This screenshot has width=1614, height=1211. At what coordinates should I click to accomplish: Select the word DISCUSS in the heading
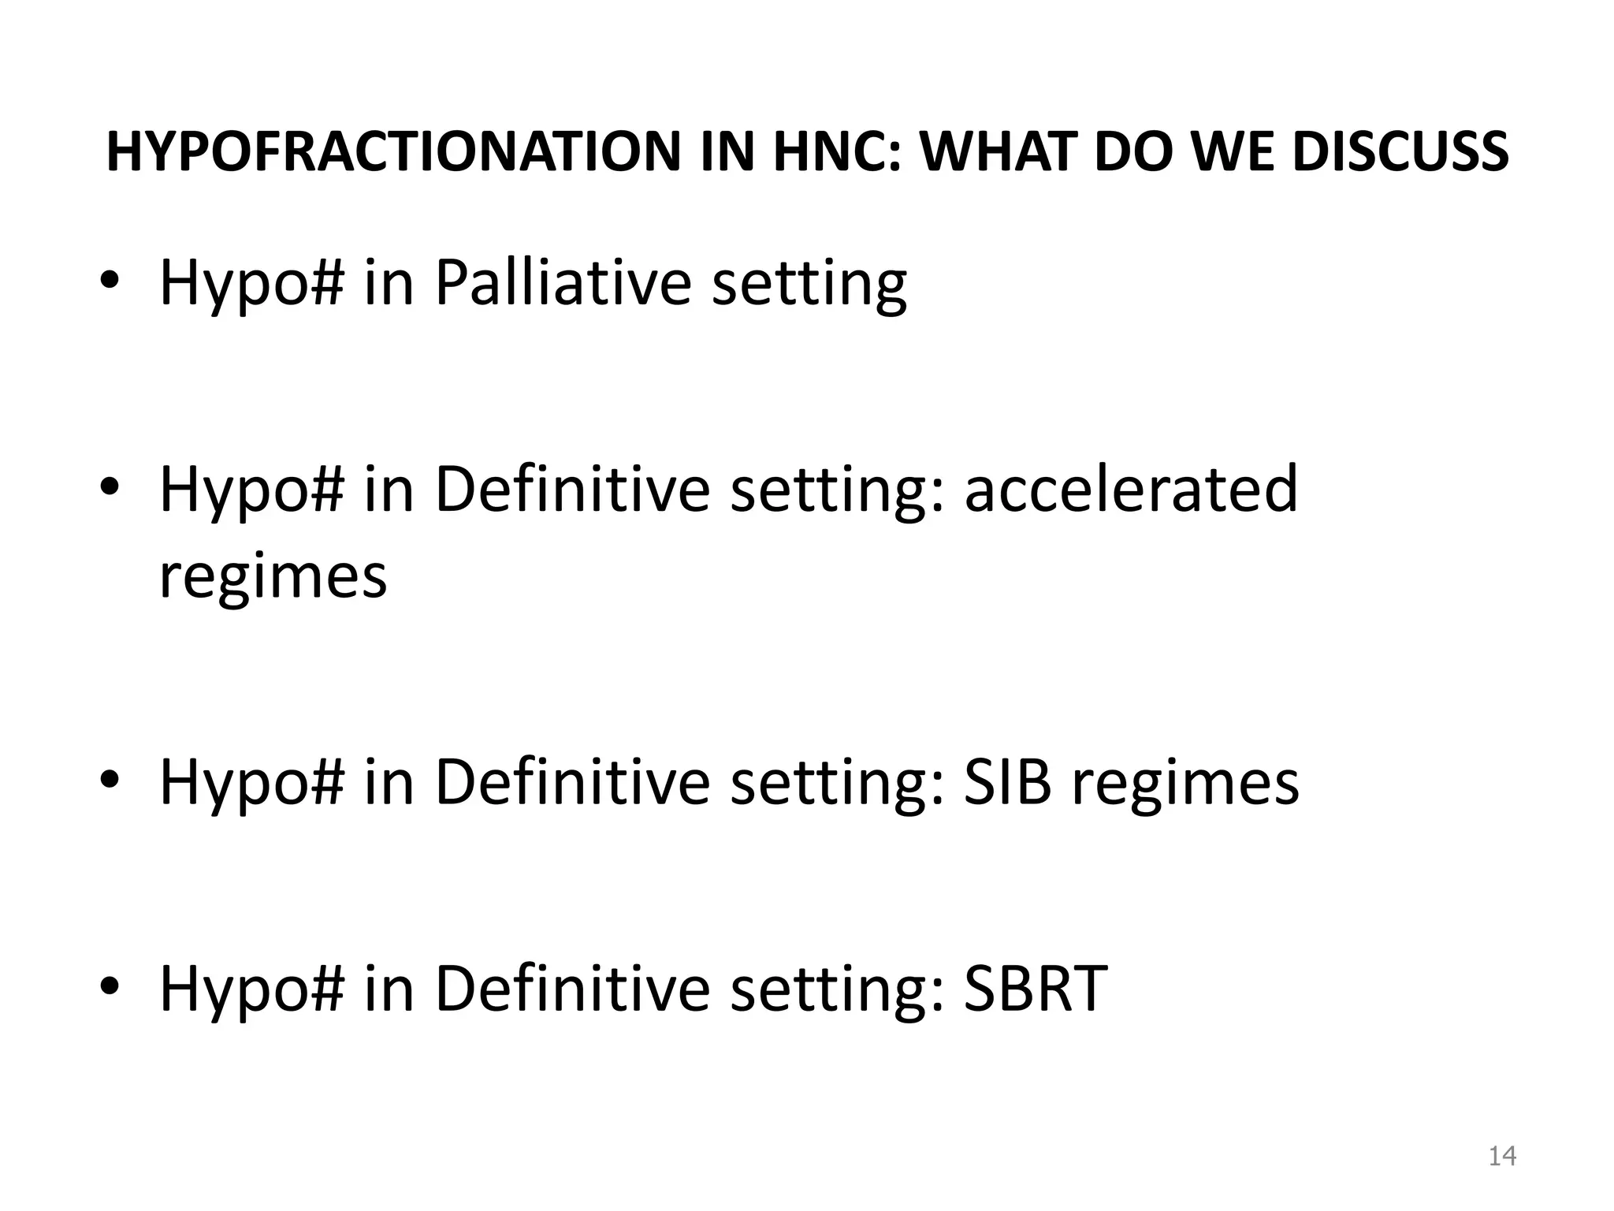(x=1400, y=152)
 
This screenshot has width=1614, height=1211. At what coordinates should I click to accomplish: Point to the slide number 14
(x=1502, y=1156)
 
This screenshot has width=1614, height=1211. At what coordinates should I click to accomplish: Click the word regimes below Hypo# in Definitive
(x=273, y=576)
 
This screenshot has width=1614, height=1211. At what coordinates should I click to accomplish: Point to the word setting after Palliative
(x=809, y=285)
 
